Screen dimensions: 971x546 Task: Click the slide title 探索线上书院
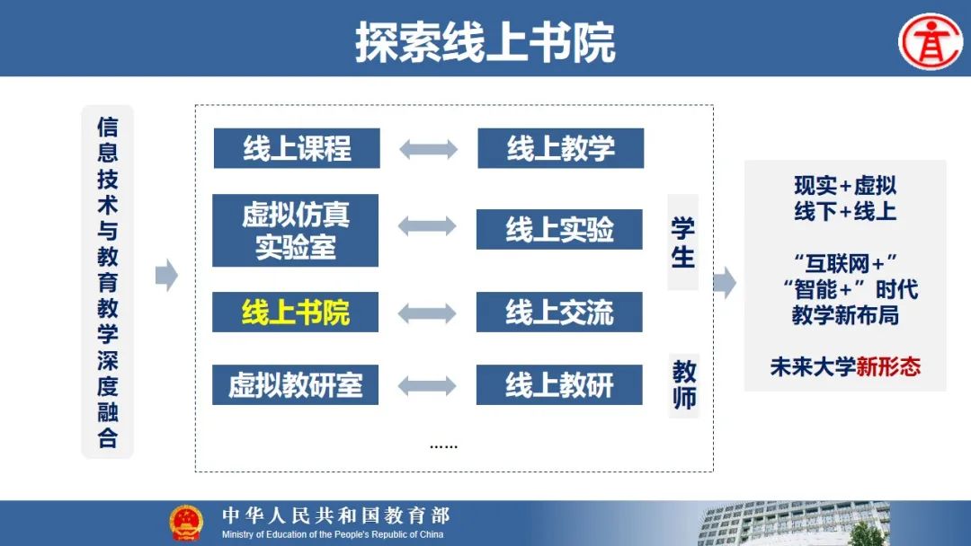(x=485, y=42)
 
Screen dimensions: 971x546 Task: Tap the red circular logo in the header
(x=931, y=41)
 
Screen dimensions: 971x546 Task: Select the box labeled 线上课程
(x=297, y=148)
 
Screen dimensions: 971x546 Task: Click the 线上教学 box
(x=560, y=148)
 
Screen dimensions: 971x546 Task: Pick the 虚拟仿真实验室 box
(x=296, y=230)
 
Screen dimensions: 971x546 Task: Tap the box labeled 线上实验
(x=559, y=229)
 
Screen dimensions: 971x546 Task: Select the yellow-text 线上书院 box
(x=296, y=313)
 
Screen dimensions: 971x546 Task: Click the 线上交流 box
(x=559, y=313)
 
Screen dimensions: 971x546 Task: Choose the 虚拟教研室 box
(x=296, y=384)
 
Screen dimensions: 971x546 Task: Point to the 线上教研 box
(x=559, y=384)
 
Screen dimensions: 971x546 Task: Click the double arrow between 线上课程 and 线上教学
(x=429, y=149)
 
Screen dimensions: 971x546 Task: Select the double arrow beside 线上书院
(x=427, y=313)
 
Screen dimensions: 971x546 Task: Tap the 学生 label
(x=683, y=242)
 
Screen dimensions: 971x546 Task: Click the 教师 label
(x=684, y=384)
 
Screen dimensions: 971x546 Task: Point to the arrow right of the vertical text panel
(x=166, y=275)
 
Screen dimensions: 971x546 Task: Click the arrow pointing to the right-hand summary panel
(x=726, y=283)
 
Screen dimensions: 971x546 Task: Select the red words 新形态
(x=888, y=366)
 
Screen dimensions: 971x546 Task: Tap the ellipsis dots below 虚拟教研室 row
(x=443, y=445)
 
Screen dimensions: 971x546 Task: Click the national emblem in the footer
(x=186, y=523)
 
